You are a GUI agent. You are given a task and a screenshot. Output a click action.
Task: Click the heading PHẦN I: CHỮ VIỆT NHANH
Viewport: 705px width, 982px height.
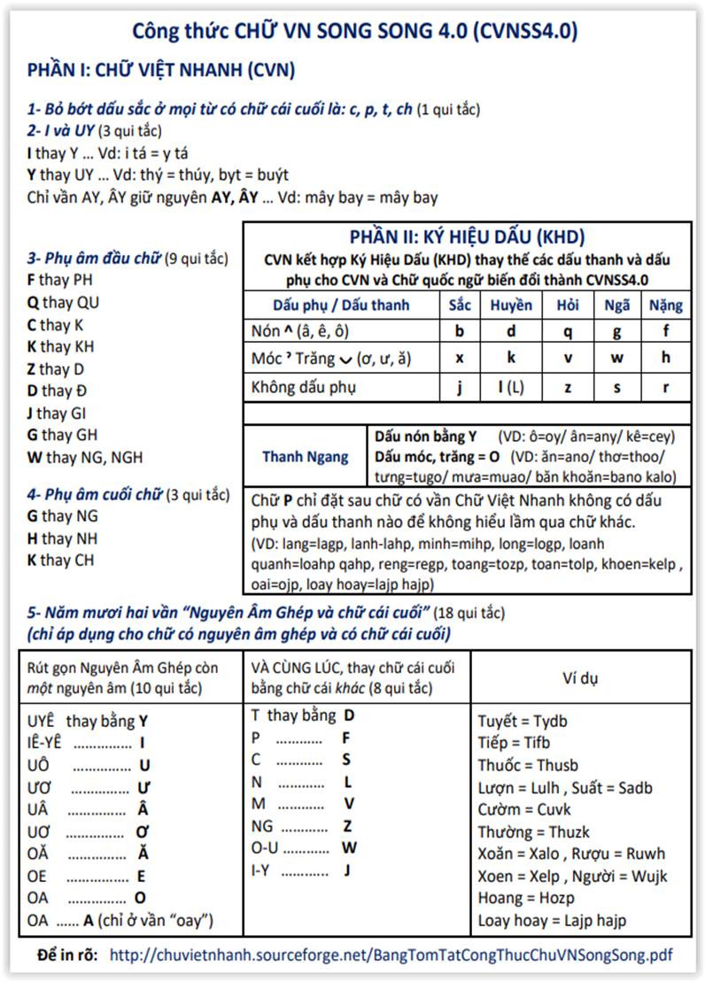click(x=161, y=70)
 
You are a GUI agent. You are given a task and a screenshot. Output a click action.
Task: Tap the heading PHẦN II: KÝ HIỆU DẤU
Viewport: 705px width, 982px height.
click(x=467, y=237)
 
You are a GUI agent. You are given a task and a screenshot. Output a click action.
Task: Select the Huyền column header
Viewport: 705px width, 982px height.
click(x=511, y=305)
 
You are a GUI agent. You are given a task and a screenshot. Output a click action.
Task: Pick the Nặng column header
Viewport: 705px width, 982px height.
click(x=665, y=305)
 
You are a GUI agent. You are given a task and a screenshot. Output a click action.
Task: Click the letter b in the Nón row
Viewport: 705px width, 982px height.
click(x=459, y=332)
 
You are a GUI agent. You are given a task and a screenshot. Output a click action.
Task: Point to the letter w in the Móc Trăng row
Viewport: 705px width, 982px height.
click(x=617, y=359)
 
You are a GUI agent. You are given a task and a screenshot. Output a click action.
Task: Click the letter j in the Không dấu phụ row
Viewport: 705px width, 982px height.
click(x=459, y=387)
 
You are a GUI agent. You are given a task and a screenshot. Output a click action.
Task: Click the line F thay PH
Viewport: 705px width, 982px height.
click(x=58, y=281)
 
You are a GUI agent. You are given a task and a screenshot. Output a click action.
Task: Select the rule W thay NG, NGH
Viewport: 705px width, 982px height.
click(x=85, y=458)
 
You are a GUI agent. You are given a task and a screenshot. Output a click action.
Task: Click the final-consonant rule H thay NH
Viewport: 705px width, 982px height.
click(x=62, y=538)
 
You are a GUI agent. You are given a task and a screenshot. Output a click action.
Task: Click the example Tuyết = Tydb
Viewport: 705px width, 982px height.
click(x=523, y=722)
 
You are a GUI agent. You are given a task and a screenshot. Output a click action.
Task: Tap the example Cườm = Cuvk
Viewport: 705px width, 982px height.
click(x=524, y=809)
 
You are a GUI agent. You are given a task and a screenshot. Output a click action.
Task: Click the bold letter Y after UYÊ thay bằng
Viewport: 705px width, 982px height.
click(x=143, y=721)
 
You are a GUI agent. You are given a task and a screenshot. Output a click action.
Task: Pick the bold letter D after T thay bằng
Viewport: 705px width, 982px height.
click(x=349, y=715)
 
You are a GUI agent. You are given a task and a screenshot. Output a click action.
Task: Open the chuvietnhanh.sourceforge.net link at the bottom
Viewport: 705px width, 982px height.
click(x=390, y=955)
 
